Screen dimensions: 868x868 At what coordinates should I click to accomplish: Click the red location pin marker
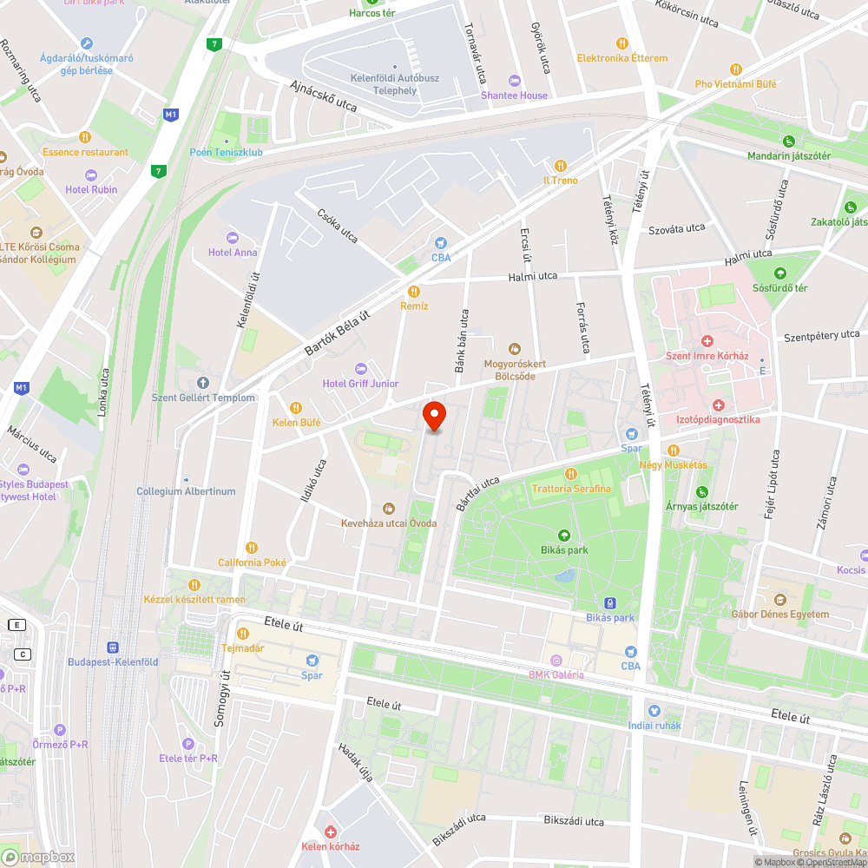[434, 416]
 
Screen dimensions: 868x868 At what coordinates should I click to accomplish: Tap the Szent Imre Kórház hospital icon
[707, 342]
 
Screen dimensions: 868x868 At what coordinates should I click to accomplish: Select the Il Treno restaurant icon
[560, 165]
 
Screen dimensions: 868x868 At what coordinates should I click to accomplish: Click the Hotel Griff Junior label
[360, 384]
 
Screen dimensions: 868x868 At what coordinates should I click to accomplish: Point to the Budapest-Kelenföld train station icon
[112, 648]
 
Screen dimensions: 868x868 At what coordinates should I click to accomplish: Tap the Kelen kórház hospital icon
[330, 832]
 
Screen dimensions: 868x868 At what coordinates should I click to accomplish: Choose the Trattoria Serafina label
[571, 489]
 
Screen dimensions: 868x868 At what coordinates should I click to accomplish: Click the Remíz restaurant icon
[414, 292]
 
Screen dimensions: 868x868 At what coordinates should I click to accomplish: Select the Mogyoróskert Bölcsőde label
[515, 370]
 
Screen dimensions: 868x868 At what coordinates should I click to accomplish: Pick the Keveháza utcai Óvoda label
[388, 523]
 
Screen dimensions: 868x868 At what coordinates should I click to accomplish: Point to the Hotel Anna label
[233, 253]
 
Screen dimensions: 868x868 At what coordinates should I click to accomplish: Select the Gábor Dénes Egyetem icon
[779, 600]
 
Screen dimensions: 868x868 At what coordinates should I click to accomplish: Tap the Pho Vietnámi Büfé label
[735, 84]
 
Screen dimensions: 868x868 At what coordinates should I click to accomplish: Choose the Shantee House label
[515, 95]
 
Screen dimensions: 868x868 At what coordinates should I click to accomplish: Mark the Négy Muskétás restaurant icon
[674, 450]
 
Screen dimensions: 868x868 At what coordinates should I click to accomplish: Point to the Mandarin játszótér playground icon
[789, 141]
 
